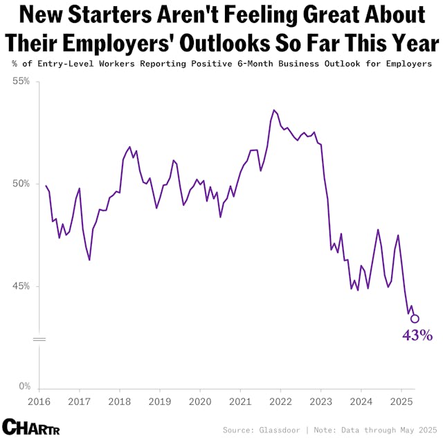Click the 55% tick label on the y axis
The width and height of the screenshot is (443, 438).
click(21, 81)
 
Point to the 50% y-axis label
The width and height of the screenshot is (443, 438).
click(21, 184)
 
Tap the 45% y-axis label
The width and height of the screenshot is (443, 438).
click(21, 286)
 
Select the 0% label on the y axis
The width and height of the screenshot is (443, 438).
click(24, 387)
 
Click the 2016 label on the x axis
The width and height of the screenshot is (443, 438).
click(39, 402)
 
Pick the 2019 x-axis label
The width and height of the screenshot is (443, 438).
click(160, 402)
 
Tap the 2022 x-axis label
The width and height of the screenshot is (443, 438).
click(280, 402)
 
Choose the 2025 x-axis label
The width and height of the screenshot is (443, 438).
click(401, 402)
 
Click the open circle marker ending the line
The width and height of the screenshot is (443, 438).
click(415, 319)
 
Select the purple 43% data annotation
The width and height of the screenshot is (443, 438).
click(417, 336)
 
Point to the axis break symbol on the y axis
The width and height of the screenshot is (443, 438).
click(39, 340)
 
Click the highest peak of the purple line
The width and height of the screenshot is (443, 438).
click(274, 109)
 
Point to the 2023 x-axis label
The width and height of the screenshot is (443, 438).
click(320, 402)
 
